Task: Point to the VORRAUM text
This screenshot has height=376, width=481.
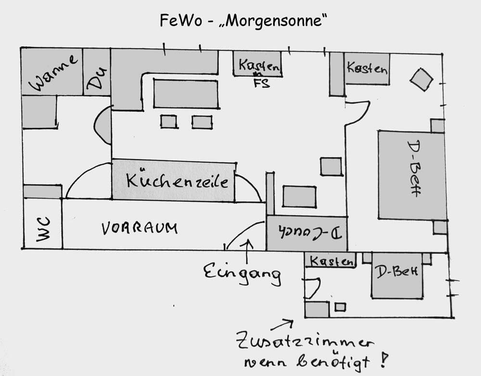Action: click(x=139, y=228)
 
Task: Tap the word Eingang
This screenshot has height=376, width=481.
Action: click(x=242, y=273)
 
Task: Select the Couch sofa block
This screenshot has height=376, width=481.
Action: click(x=306, y=233)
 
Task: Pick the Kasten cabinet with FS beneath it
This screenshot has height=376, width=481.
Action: click(x=257, y=64)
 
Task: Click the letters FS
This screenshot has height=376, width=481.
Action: click(x=262, y=84)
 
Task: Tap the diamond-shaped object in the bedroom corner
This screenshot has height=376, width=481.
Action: click(x=422, y=79)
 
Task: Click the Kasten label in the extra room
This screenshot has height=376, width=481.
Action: click(x=331, y=261)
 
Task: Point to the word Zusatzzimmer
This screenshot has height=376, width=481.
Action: click(x=305, y=343)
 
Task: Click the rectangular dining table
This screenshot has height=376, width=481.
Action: click(x=186, y=94)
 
